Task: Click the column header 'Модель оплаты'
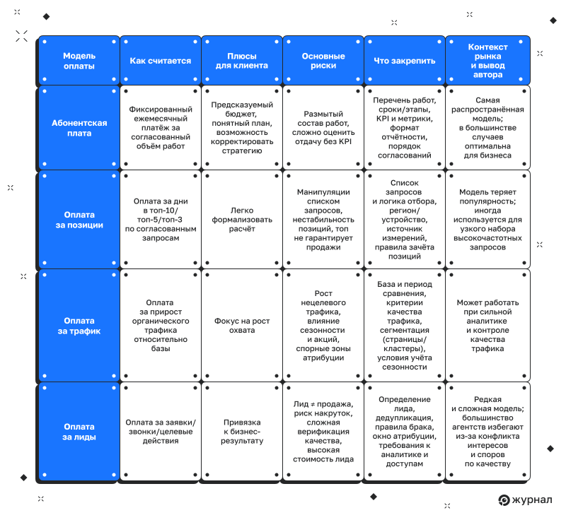[79, 61]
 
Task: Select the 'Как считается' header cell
[160, 61]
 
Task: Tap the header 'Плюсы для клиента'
[242, 61]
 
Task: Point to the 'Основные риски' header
[323, 61]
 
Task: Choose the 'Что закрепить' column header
[405, 61]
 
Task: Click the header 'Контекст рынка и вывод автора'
[487, 61]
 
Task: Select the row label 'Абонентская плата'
[79, 128]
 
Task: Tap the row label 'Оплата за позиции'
[79, 220]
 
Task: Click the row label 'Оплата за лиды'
[79, 432]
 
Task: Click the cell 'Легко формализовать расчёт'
[242, 220]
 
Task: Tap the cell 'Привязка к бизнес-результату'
[242, 432]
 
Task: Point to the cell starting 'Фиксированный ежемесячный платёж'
[160, 128]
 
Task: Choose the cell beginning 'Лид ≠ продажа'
[323, 432]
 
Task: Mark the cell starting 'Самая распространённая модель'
[487, 128]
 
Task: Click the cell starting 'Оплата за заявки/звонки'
[160, 432]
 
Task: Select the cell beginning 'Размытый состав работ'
[323, 128]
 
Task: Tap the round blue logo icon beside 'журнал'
[504, 500]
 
